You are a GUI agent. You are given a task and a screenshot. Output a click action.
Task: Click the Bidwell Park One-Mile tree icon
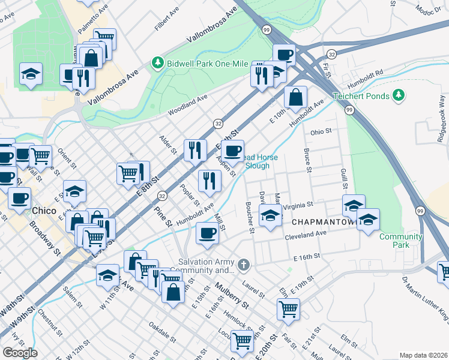(x=158, y=63)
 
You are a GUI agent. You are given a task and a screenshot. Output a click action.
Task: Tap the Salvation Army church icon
(x=243, y=265)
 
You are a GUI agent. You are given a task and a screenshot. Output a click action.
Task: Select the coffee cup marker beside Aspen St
(x=233, y=150)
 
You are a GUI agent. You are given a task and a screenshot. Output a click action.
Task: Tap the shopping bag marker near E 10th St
(x=296, y=96)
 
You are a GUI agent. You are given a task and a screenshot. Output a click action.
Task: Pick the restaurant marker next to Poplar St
(x=209, y=180)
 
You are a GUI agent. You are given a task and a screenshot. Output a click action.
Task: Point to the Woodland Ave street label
(x=188, y=104)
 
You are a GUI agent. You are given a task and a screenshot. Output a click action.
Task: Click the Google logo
(x=19, y=353)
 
